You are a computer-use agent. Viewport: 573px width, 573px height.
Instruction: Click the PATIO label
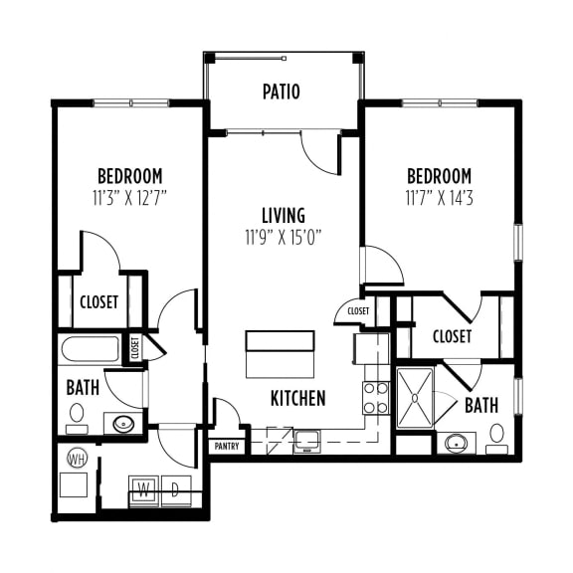282,93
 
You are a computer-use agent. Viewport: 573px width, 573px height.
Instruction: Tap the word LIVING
283,216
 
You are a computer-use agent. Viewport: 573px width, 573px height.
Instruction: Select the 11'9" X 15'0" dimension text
283,237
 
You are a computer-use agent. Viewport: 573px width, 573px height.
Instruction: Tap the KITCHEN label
298,398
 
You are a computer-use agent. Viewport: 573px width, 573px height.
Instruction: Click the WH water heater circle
77,460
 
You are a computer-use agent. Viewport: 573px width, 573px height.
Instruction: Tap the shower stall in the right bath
414,398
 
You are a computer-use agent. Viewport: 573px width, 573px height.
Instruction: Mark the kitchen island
281,352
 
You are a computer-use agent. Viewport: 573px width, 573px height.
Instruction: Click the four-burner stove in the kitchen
375,398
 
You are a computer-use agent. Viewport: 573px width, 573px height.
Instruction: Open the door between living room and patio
320,149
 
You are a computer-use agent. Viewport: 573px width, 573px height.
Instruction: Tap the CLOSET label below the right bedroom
453,336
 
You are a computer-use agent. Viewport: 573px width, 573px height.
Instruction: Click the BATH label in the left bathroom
83,387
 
